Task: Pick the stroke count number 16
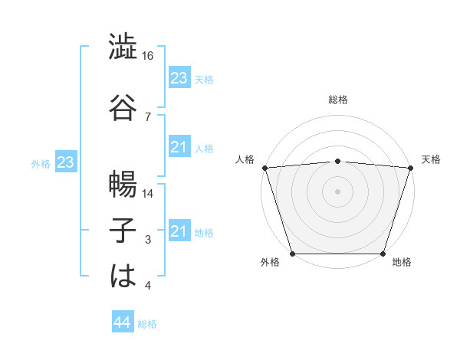coord(149,56)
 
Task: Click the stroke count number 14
coord(149,194)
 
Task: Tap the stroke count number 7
coord(148,116)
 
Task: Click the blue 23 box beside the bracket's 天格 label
coord(179,78)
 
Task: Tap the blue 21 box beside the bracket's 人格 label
coord(179,147)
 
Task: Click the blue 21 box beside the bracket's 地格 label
coord(179,231)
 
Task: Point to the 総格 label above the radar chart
coord(337,100)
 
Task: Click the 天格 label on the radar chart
coord(431,159)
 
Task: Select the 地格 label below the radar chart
coord(402,263)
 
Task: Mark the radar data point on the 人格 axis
coord(264,168)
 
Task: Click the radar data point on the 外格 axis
coord(293,254)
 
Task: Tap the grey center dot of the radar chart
coord(337,191)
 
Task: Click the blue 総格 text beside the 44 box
coord(147,324)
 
